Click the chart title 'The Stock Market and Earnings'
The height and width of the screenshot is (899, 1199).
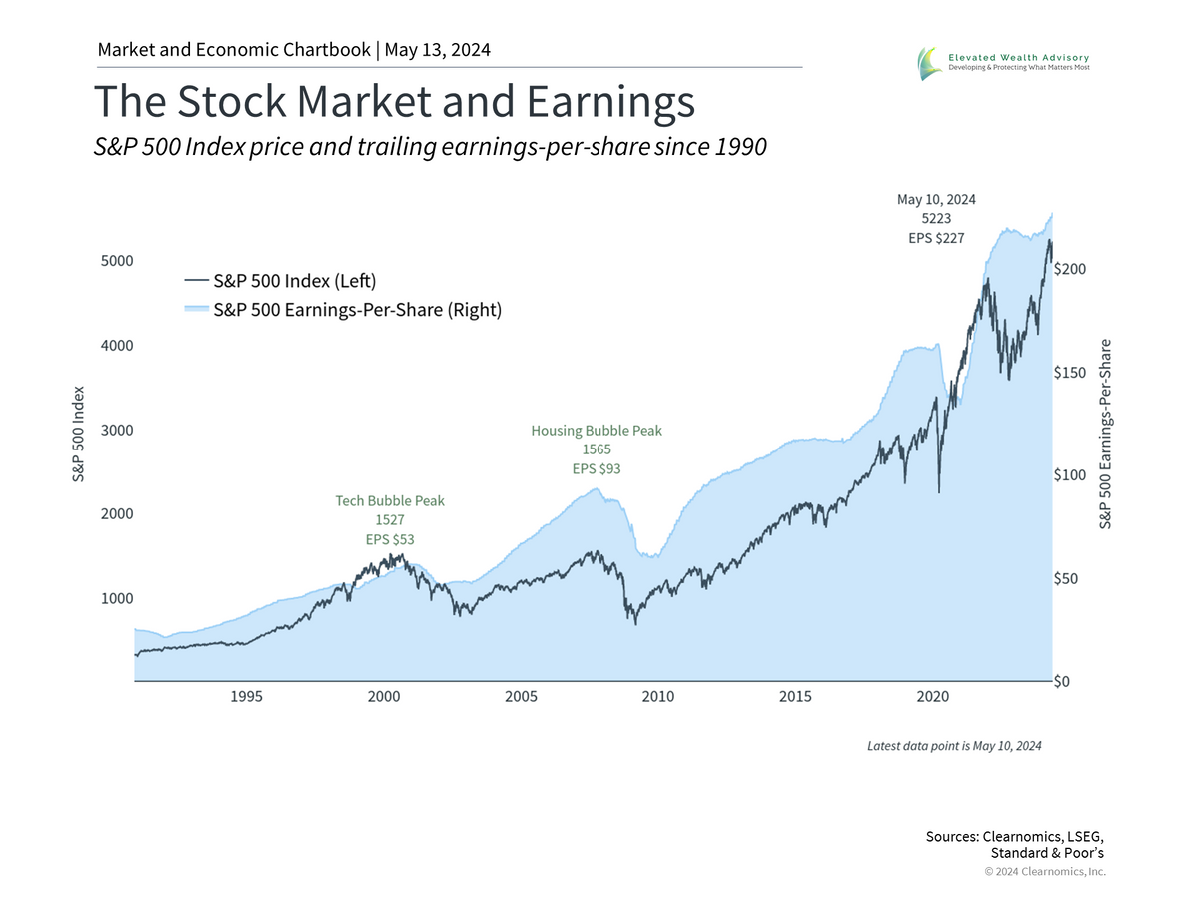click(394, 102)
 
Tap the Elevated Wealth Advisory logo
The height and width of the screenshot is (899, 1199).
click(1010, 63)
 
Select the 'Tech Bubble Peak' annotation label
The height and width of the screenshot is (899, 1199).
click(389, 500)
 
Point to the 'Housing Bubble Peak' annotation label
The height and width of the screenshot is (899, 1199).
click(597, 431)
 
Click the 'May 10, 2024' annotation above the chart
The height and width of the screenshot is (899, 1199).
click(936, 199)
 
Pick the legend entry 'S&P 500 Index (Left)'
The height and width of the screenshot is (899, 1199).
click(294, 281)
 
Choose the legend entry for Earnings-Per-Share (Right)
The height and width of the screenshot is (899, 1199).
click(357, 310)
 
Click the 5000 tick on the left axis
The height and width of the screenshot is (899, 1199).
click(116, 261)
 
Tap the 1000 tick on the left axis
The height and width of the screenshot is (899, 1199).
click(116, 598)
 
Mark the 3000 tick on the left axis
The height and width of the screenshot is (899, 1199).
click(116, 430)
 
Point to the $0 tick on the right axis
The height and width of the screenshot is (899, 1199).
click(1065, 682)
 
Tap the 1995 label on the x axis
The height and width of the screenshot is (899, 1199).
click(246, 696)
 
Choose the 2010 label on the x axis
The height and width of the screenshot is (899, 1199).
click(658, 696)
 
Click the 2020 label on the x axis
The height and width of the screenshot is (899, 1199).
click(933, 696)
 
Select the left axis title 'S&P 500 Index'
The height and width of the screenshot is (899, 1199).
click(78, 435)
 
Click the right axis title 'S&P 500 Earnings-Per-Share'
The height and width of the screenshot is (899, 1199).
click(1105, 435)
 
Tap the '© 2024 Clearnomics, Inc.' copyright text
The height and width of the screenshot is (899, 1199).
click(1045, 871)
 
